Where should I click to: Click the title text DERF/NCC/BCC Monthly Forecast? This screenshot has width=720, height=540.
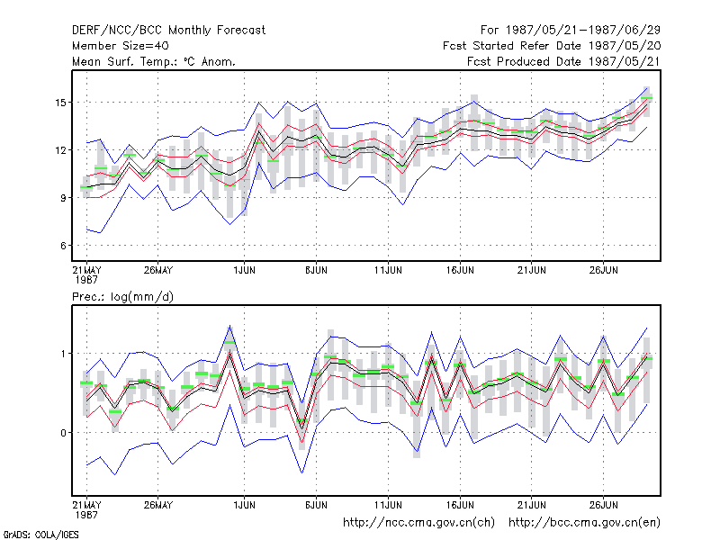click(x=168, y=31)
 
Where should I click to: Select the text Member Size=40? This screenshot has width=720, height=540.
click(x=121, y=46)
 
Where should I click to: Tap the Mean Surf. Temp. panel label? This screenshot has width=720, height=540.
click(x=154, y=61)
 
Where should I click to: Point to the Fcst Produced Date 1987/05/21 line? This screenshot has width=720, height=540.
click(x=563, y=61)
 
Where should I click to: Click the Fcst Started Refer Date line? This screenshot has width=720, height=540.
click(x=552, y=46)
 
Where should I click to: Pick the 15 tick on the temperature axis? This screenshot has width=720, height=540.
click(x=60, y=103)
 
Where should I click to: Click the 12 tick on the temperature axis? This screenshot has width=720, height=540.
click(x=60, y=150)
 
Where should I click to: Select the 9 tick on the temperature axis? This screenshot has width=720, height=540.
click(x=63, y=198)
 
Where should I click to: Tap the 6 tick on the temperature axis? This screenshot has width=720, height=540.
click(x=63, y=246)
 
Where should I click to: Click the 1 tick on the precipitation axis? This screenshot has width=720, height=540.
click(x=63, y=354)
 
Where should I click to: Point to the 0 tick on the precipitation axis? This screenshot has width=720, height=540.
click(x=63, y=433)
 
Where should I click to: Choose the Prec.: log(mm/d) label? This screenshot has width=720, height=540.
click(x=122, y=297)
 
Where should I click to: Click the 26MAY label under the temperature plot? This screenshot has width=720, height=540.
click(x=158, y=270)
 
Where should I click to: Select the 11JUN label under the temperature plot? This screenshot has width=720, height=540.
click(x=388, y=270)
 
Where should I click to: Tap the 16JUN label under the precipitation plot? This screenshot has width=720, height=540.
click(x=460, y=505)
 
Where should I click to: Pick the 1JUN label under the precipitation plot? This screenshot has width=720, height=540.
click(x=244, y=505)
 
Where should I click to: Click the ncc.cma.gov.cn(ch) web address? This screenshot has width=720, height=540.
click(x=418, y=523)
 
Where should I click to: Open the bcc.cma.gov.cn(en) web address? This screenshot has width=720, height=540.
click(x=584, y=523)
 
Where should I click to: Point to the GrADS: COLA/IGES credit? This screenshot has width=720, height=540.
click(x=40, y=535)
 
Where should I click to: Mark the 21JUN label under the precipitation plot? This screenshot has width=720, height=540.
click(x=531, y=505)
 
